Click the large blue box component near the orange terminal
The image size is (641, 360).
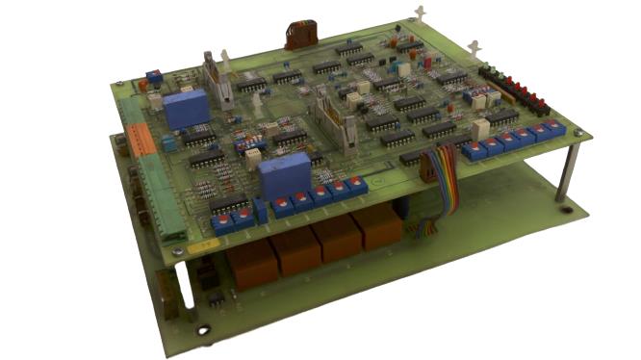pos(186,109)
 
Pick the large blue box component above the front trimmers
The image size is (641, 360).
pos(280,177)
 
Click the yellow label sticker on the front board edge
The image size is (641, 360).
pos(203,246)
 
